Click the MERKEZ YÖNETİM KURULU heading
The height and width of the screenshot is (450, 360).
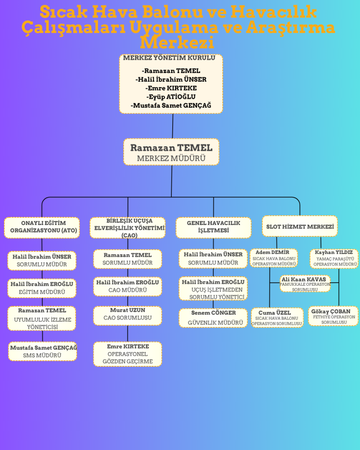pos(169,58)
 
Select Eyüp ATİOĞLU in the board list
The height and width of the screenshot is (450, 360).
pos(171,97)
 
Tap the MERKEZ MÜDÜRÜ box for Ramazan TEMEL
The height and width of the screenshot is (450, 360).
pos(171,152)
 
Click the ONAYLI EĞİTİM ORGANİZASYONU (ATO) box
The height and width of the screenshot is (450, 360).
pos(43,227)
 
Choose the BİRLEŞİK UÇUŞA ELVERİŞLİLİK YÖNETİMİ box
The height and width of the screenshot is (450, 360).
pos(127,228)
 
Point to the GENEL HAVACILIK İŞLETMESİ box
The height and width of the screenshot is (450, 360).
pos(213,227)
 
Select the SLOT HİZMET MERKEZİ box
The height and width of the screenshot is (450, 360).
pos(300,226)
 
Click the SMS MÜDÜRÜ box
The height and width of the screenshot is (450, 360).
pos(43,352)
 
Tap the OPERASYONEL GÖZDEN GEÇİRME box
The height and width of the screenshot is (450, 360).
pos(127,354)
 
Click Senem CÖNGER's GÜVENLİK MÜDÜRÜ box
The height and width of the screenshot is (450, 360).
pos(213,318)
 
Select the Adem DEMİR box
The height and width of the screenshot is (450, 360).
pos(273,258)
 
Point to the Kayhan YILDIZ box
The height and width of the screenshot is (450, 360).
pos(334,258)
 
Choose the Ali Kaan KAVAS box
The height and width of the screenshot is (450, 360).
pos(305,284)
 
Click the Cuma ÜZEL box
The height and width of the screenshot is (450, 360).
pos(277,318)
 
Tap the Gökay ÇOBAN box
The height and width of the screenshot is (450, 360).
pos(333,316)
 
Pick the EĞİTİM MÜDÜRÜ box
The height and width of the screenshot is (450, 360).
pos(42,288)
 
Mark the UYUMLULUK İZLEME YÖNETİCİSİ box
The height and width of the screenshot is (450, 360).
pos(42,318)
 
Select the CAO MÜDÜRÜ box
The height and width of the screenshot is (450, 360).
pos(127,286)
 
